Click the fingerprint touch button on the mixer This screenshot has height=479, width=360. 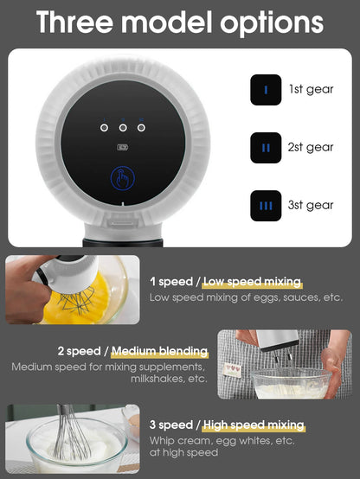[x=123, y=179]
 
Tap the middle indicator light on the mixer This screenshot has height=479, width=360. [x=123, y=126]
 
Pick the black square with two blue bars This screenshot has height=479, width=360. [x=266, y=148]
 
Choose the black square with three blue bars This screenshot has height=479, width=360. [x=266, y=205]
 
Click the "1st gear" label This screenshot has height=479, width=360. [x=312, y=90]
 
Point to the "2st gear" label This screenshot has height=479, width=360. [x=311, y=148]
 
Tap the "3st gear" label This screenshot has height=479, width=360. [x=311, y=205]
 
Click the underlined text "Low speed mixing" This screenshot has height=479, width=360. [x=253, y=282]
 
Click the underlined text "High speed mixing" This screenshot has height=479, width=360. [x=254, y=425]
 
